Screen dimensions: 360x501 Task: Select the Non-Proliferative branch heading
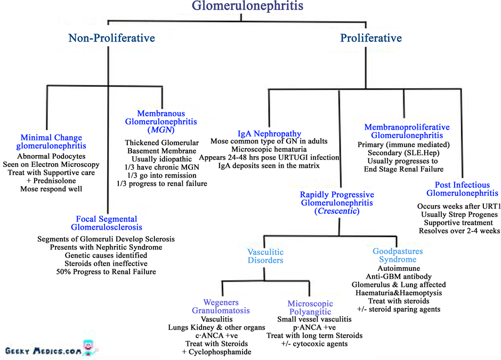(x=111, y=38)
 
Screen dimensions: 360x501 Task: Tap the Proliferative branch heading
(x=371, y=38)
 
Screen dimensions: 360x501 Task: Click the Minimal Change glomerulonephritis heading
(x=51, y=142)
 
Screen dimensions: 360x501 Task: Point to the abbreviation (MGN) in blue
(x=161, y=131)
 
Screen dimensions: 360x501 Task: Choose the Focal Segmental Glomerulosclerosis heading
(x=107, y=223)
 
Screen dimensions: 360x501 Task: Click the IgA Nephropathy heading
(x=269, y=134)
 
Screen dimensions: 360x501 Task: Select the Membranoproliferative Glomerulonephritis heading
(x=407, y=131)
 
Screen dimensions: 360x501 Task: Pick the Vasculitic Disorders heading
(x=265, y=256)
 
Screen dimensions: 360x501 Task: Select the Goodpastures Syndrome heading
(x=398, y=255)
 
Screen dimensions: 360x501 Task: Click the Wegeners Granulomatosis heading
(x=221, y=306)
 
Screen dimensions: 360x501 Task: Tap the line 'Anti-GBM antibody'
(x=399, y=277)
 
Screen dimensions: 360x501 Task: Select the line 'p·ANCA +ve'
(x=314, y=327)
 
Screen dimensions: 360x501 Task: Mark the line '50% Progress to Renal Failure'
(x=106, y=272)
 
